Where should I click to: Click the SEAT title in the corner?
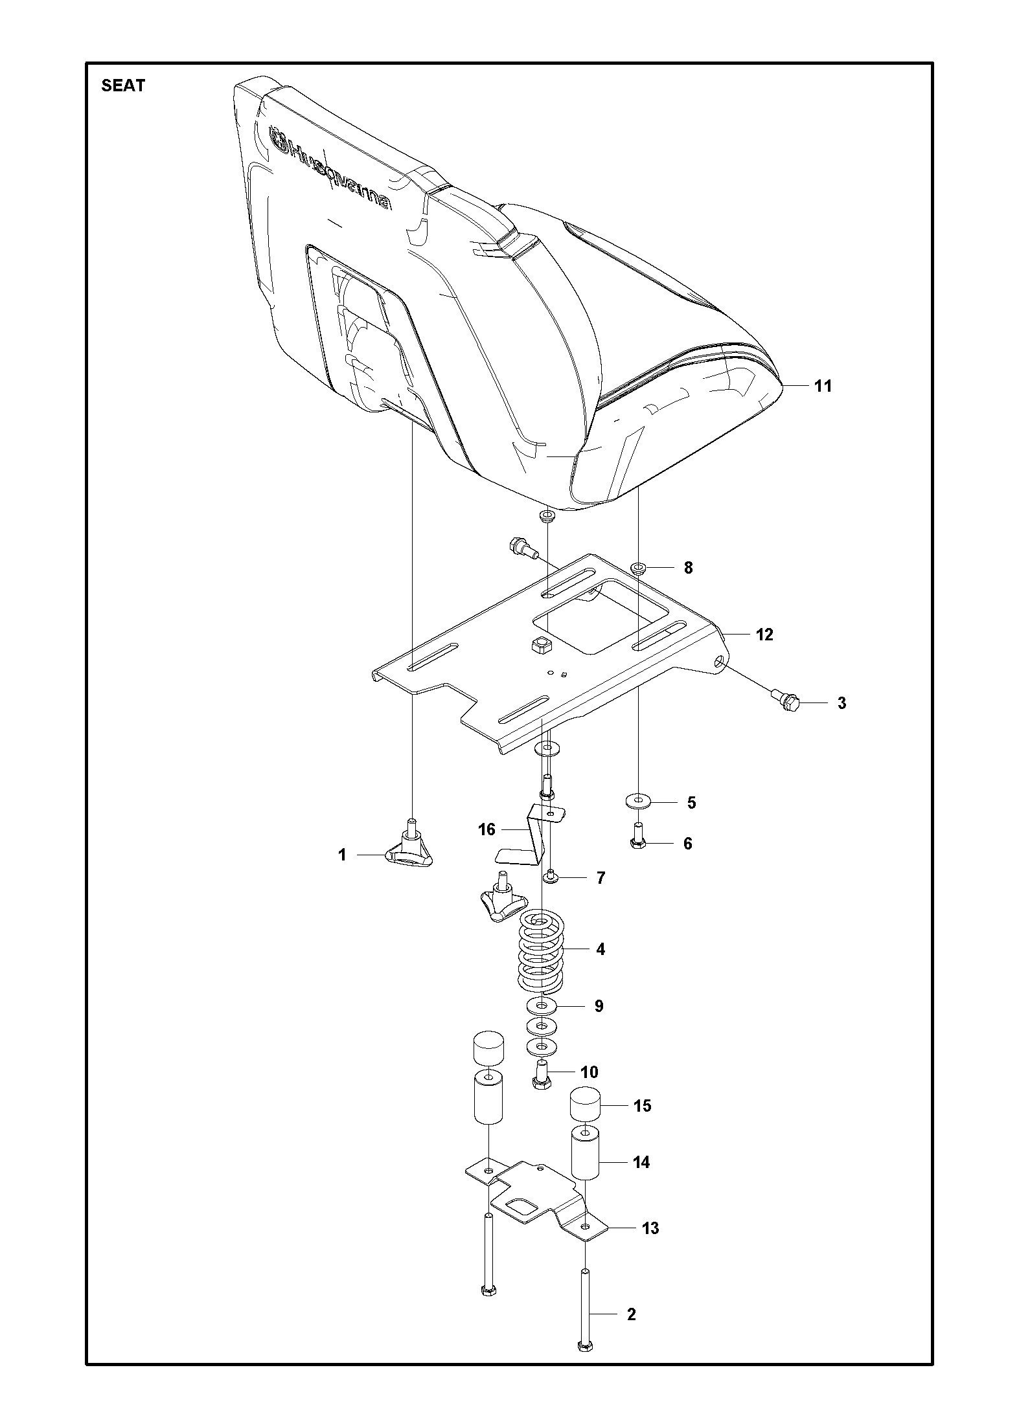click(123, 85)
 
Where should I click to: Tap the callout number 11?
click(822, 386)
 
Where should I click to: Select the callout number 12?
click(764, 635)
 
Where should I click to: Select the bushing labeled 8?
click(639, 568)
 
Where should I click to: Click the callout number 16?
click(487, 829)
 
